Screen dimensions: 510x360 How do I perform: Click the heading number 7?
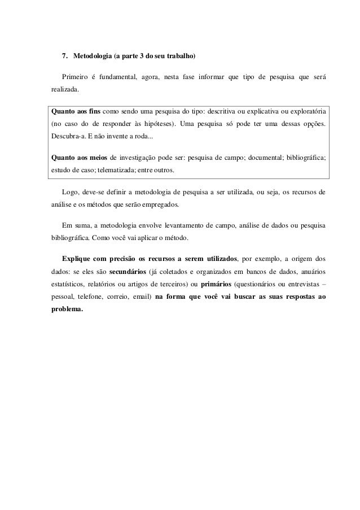(64, 57)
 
